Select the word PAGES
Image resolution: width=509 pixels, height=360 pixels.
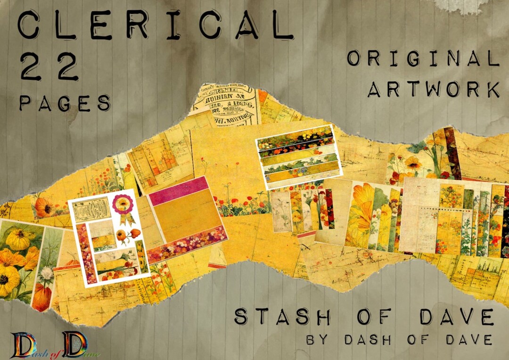65,103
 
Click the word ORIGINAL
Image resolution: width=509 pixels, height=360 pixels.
423,58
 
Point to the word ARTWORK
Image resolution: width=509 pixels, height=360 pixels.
434,89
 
